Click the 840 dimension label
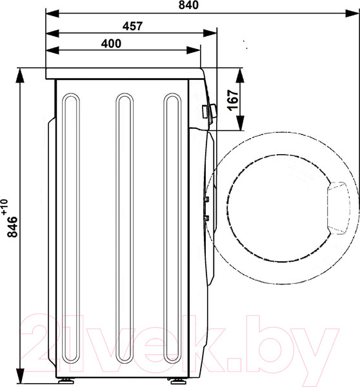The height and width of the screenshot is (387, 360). (x=188, y=5)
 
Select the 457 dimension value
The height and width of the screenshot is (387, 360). (x=133, y=26)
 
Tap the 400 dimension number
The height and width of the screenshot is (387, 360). (x=111, y=44)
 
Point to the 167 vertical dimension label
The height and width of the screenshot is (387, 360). (x=234, y=100)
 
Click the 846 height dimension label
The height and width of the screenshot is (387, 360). (x=12, y=227)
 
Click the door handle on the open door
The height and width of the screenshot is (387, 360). (x=339, y=208)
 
